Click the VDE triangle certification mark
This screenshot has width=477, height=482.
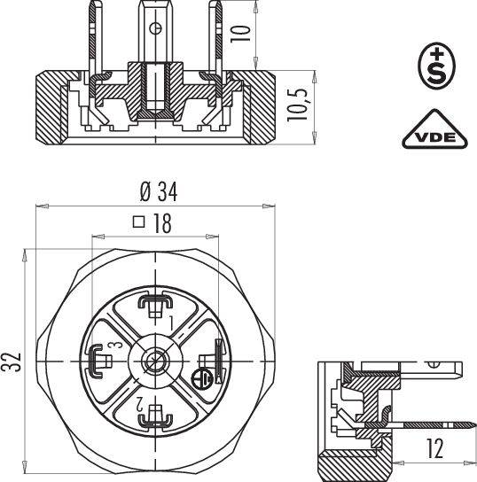point(434,129)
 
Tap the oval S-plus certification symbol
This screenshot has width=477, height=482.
point(437,66)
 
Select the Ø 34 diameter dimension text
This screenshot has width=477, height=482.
point(159,192)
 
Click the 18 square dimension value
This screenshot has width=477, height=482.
point(162,223)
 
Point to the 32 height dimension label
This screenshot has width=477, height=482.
point(12,361)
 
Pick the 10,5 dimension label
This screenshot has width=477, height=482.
point(297,105)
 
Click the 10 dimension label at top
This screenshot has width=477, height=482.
point(240,34)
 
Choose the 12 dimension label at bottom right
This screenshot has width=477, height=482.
point(434,448)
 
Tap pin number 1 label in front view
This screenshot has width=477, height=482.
point(171,323)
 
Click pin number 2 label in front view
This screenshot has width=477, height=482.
point(141,404)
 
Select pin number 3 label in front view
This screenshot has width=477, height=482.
point(116,345)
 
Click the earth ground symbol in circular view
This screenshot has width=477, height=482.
point(202,378)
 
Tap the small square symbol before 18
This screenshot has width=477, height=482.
point(139,222)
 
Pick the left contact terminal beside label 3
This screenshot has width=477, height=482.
point(99,361)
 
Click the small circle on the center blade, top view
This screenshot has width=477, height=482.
point(156,28)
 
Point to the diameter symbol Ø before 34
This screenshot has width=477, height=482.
point(145,192)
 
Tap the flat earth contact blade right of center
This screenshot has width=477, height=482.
point(218,361)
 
